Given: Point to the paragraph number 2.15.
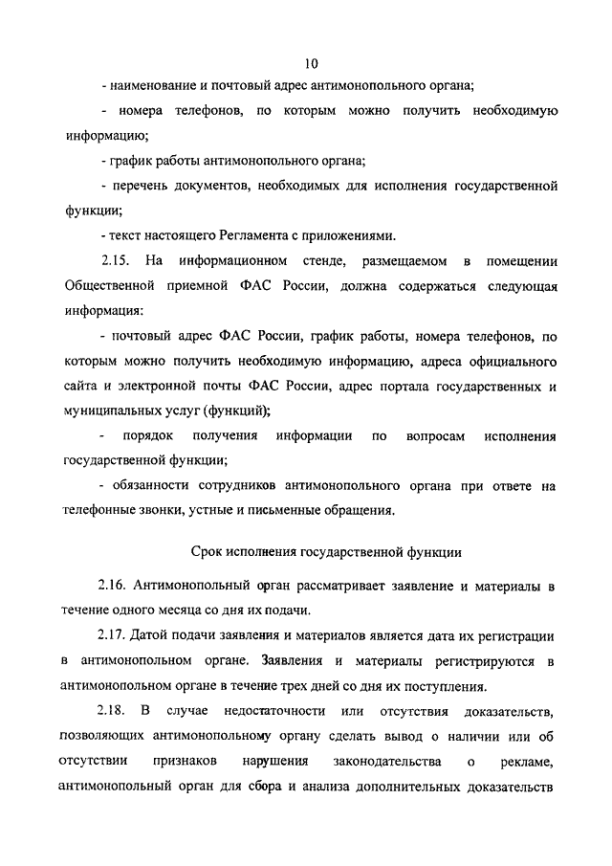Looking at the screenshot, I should [114, 261].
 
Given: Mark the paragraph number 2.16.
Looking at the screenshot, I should [114, 584].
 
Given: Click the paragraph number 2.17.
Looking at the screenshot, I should [114, 635].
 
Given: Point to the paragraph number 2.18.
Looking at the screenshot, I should [114, 711].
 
